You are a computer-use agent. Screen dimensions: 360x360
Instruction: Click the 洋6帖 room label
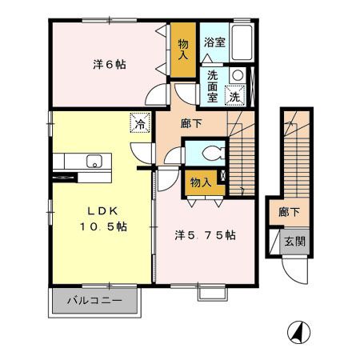point(110,65)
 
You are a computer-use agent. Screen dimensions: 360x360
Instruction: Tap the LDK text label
point(103,211)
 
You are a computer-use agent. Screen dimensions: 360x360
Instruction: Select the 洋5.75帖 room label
point(205,235)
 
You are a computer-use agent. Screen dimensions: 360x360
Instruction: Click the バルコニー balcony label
point(94,301)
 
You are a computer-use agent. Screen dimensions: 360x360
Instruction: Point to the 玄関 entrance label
point(294,242)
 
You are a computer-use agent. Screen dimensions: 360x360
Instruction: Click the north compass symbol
point(299,332)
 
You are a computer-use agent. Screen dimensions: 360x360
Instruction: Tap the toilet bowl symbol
point(214,154)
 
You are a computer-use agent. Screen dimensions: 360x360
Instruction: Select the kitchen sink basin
point(94,161)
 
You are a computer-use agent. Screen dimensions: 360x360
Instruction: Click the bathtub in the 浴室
point(242,43)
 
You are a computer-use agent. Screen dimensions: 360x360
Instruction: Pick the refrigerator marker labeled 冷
point(140,123)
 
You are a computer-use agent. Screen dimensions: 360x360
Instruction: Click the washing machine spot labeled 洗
point(235,95)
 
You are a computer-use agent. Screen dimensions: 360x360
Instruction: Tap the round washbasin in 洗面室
point(238,75)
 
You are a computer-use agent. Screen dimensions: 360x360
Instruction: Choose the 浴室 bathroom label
point(215,42)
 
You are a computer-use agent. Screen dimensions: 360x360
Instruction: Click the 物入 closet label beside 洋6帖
point(183,49)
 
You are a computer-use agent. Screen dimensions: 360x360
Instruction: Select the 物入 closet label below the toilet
point(201,182)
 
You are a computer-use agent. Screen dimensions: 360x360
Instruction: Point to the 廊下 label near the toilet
point(191,123)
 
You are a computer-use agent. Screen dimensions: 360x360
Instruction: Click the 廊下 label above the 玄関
point(289,212)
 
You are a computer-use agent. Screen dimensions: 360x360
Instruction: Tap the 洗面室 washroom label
point(213,86)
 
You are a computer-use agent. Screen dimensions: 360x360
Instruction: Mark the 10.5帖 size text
point(103,226)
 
